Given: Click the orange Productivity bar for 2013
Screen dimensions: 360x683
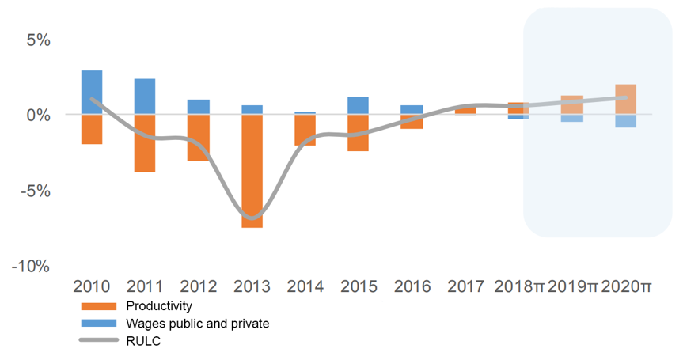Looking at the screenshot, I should (252, 171).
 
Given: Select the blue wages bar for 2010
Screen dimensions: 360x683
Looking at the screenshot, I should (92, 93).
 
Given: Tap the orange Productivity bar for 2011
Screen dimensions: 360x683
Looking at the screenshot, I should (145, 143).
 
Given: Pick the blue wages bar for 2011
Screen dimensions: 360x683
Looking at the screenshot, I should (145, 97).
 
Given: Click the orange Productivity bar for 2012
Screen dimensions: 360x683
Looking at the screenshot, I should (199, 138).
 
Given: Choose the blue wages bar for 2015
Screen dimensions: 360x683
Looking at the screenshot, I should (359, 106).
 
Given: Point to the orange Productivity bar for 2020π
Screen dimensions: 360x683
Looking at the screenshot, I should (625, 100).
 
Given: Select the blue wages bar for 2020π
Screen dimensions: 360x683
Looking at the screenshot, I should (625, 121).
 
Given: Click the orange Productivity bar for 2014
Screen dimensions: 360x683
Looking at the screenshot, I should (305, 130).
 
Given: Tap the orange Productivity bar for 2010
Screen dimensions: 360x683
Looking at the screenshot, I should (92, 129).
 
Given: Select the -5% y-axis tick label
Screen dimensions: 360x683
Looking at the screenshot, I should (32, 191).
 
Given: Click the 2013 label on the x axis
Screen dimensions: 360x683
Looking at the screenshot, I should (252, 286).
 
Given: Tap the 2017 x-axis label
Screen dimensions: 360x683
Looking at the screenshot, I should (465, 286).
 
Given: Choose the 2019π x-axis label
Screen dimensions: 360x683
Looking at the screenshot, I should (572, 286).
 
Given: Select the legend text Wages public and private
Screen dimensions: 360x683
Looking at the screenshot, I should (198, 323).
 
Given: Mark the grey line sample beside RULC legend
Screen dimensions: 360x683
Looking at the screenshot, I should (100, 340).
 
